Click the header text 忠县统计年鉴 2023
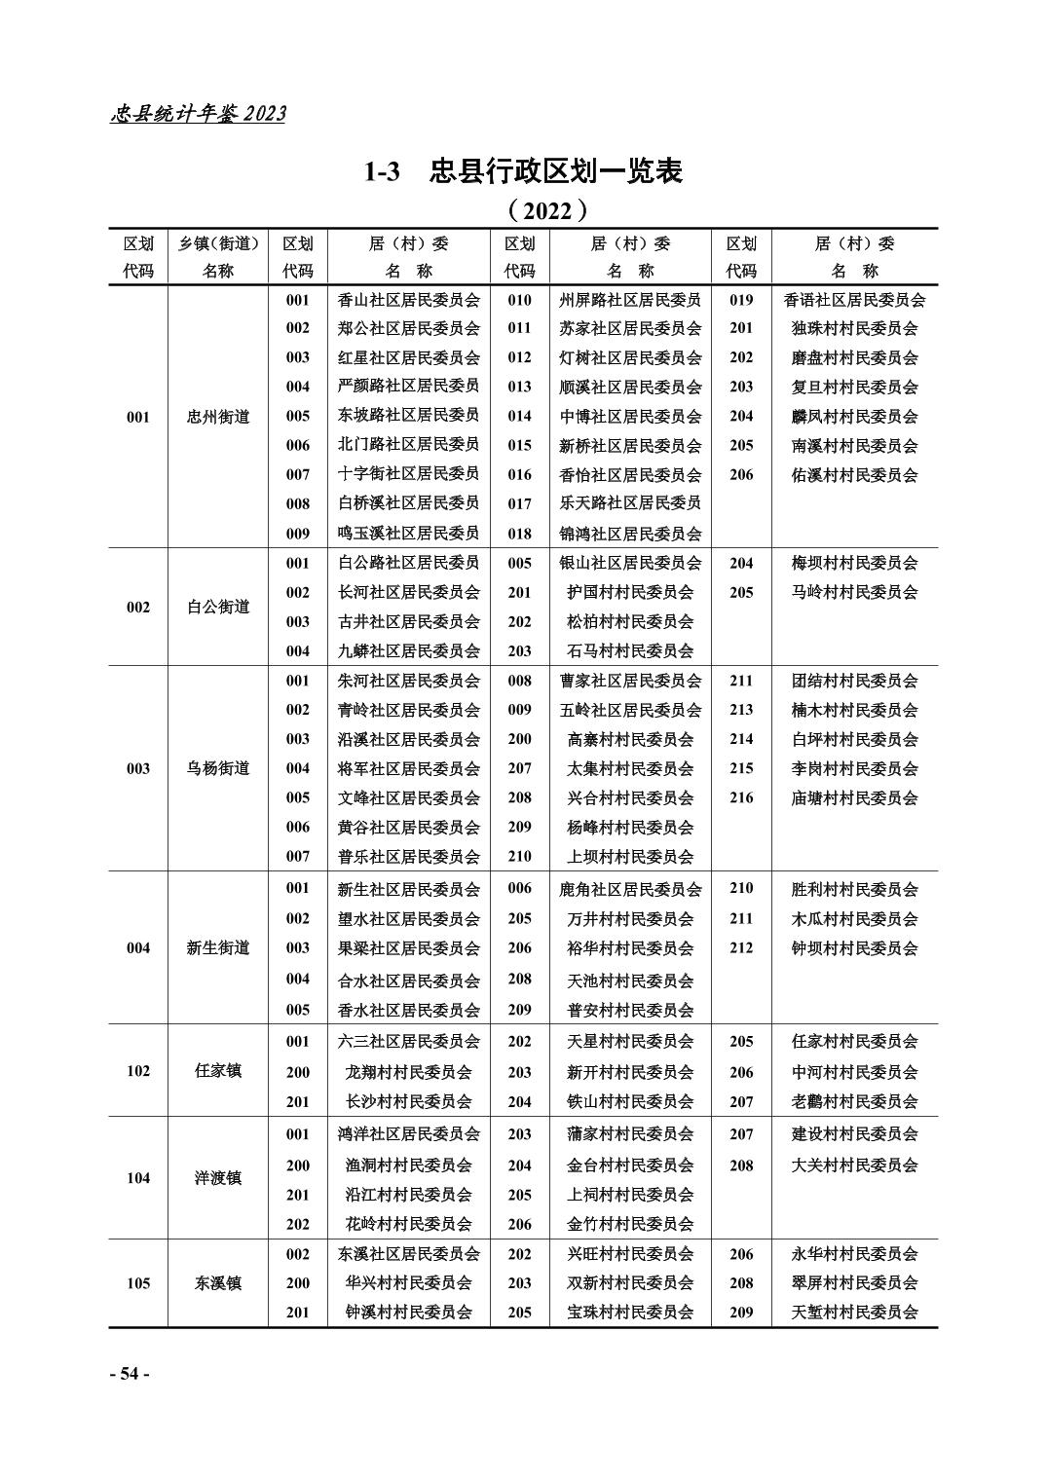(199, 114)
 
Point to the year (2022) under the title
(548, 209)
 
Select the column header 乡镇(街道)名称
(218, 257)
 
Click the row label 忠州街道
(218, 417)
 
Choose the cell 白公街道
(218, 607)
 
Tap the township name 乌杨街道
(218, 768)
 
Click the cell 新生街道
(218, 947)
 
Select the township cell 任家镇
(218, 1071)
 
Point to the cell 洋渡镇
(218, 1178)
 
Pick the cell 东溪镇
(218, 1283)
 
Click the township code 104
(138, 1178)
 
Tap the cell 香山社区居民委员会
(409, 300)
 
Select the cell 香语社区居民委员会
(854, 300)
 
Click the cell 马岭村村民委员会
(854, 592)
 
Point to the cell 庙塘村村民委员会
(854, 797)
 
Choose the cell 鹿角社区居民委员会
(630, 889)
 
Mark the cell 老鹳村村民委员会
(854, 1101)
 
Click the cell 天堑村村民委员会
(854, 1312)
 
